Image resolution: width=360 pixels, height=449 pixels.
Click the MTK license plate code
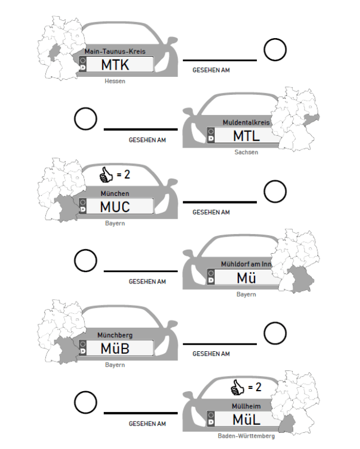[115, 65]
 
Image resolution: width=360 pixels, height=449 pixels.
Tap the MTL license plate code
[247, 135]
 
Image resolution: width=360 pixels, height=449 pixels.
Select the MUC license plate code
[115, 207]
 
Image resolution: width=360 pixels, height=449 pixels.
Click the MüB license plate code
[115, 349]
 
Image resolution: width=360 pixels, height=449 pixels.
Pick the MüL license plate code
[247, 419]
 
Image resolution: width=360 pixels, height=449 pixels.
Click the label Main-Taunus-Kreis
[115, 51]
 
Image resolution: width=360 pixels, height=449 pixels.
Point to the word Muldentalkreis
[246, 122]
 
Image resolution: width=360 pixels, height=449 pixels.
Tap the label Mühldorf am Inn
[246, 264]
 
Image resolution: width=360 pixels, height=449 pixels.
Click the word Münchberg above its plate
[115, 335]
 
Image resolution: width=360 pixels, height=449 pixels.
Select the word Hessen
[115, 81]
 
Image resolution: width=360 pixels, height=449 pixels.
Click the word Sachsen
[246, 152]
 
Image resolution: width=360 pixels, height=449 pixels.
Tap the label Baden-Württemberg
[246, 436]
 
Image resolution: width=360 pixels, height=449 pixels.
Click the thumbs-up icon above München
[106, 176]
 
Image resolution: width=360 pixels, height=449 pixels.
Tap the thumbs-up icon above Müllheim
[238, 388]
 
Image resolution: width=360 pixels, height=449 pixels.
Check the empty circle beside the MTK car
[275, 50]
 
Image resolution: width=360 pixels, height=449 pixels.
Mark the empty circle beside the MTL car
[85, 120]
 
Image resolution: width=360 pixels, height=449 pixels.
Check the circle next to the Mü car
[85, 261]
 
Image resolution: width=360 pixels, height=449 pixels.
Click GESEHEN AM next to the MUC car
[211, 212]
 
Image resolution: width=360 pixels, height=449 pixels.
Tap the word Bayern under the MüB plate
[115, 365]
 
